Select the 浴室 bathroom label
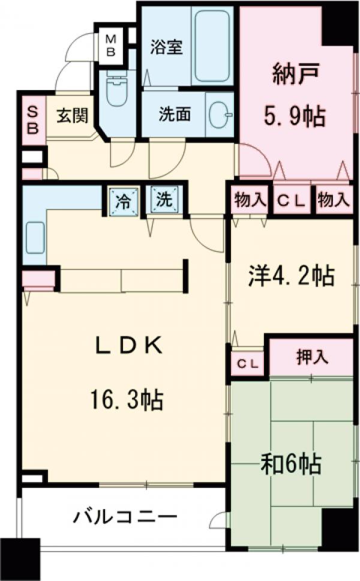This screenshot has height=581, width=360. [166, 47]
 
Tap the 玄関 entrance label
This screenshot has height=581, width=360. [72, 116]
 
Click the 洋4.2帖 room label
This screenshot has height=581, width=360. [291, 277]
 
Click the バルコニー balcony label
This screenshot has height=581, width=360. [126, 517]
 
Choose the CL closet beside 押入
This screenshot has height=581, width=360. [247, 363]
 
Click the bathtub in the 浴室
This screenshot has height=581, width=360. [212, 45]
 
